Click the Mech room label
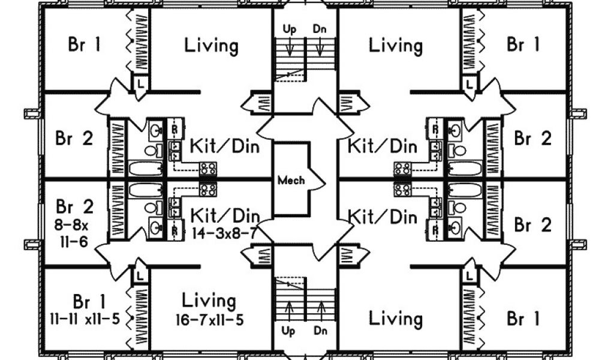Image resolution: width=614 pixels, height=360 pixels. [290, 179]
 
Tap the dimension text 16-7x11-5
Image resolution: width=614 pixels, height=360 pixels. [209, 320]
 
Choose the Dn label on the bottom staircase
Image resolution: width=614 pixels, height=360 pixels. [320, 330]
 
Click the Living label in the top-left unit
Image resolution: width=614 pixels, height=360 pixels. [210, 46]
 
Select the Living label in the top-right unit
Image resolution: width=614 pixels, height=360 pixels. [395, 46]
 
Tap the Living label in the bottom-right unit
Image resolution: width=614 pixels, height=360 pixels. [395, 318]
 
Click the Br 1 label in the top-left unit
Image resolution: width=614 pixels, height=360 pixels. [85, 45]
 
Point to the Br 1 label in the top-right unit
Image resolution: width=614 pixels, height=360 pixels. [523, 45]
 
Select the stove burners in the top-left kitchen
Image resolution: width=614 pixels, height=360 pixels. [209, 169]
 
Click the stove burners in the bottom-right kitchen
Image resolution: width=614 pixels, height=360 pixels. [402, 190]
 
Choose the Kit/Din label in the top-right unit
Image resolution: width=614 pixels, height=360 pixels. [383, 146]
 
